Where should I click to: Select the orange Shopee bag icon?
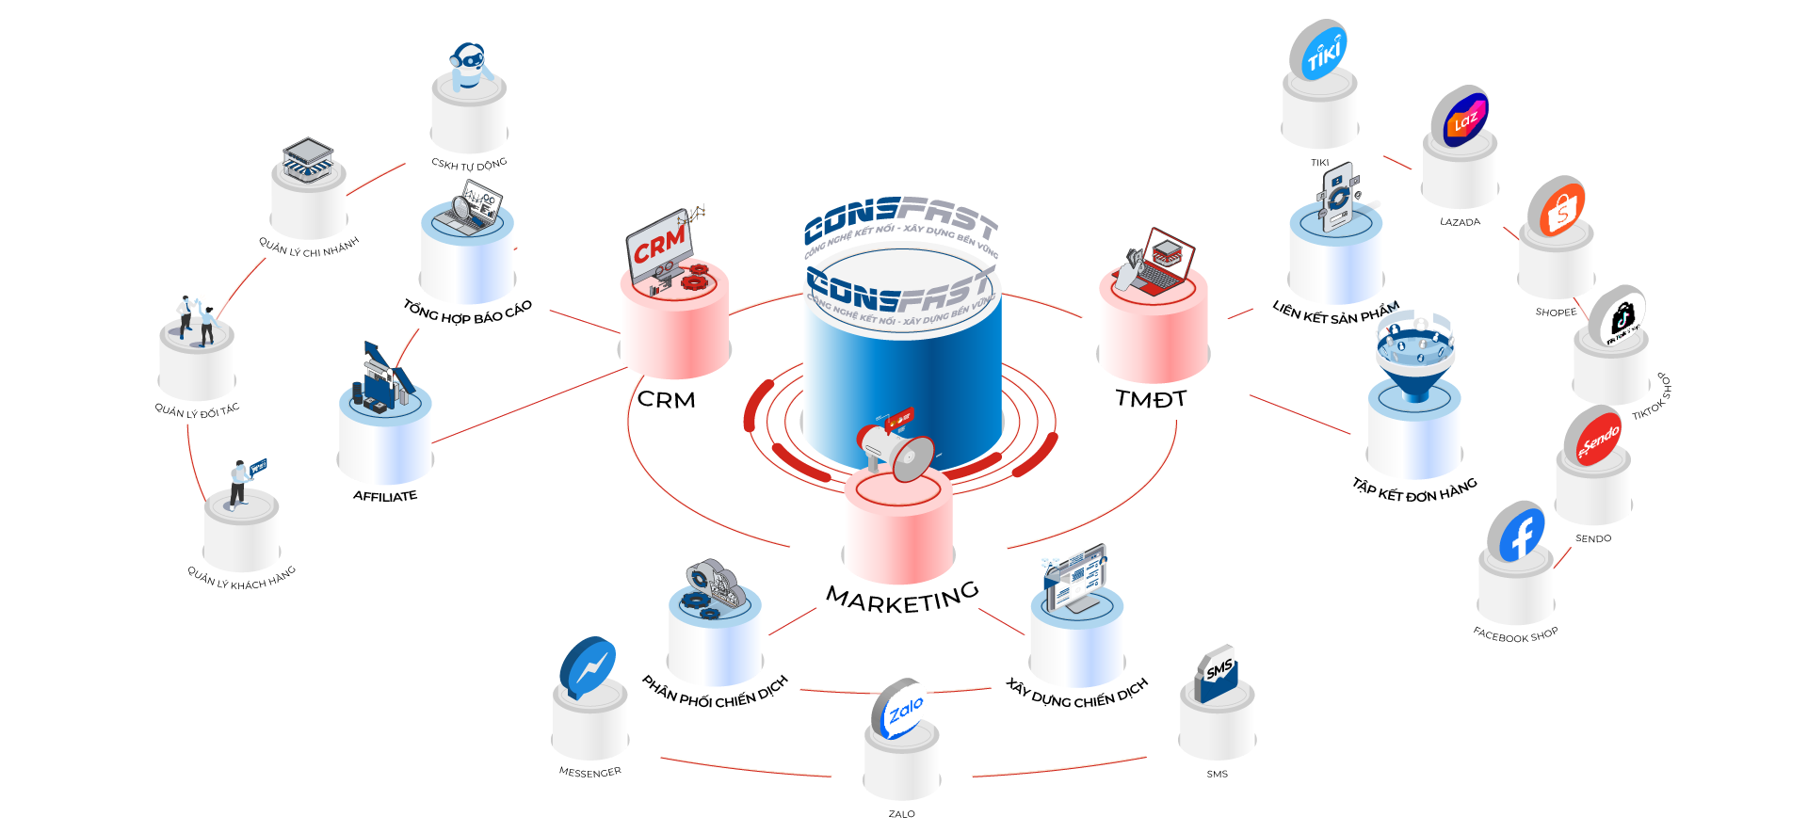click(x=1556, y=208)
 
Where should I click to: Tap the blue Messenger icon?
click(x=589, y=666)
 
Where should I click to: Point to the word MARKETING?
click(x=902, y=597)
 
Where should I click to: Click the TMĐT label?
click(x=1151, y=399)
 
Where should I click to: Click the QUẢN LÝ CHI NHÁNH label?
click(x=309, y=248)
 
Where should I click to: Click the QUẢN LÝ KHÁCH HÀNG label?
click(x=241, y=578)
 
